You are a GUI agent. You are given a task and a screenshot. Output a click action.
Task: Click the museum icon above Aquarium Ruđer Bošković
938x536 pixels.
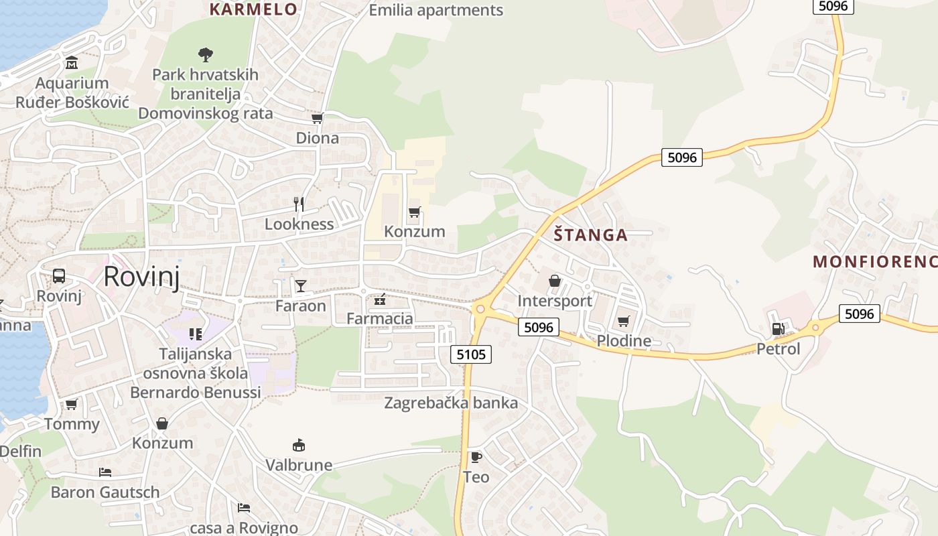click(x=72, y=64)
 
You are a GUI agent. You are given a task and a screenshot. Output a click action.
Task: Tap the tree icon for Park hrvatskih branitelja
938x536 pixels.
click(x=205, y=54)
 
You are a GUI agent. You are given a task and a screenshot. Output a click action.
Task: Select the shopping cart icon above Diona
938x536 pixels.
click(x=318, y=119)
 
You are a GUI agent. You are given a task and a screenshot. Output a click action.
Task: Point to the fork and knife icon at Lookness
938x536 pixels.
click(x=299, y=204)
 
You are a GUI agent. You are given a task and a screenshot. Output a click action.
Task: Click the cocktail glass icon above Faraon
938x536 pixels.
click(x=301, y=286)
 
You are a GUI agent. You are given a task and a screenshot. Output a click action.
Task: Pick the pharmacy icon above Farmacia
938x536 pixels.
click(x=380, y=299)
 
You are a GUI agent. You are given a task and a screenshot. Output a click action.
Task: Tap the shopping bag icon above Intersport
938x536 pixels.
click(x=555, y=281)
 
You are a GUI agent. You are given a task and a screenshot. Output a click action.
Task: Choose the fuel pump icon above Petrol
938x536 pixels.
click(x=778, y=328)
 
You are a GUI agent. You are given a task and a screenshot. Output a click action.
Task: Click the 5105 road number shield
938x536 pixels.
click(x=471, y=354)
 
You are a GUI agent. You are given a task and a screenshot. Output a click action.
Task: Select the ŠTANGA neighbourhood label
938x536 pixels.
click(x=591, y=235)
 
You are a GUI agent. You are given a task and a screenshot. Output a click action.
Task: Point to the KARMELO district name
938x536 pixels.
click(x=253, y=9)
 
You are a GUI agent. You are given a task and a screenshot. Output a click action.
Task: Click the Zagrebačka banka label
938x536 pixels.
click(x=451, y=403)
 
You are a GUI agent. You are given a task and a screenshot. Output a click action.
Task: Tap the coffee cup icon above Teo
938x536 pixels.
click(x=476, y=457)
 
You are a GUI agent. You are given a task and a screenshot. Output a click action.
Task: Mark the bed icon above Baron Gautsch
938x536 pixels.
click(x=105, y=472)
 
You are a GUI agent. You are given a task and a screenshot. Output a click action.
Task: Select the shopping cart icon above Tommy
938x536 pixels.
click(x=72, y=404)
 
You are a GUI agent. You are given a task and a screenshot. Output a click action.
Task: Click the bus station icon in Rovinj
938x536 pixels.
click(x=59, y=275)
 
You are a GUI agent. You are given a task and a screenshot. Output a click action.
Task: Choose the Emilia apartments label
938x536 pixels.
click(x=436, y=10)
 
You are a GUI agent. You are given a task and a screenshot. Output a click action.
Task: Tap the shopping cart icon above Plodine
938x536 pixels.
click(x=624, y=321)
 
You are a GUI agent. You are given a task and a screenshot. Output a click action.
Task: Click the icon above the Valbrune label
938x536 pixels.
click(x=299, y=445)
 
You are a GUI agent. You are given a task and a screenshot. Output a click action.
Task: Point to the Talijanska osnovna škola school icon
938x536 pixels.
click(x=196, y=334)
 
